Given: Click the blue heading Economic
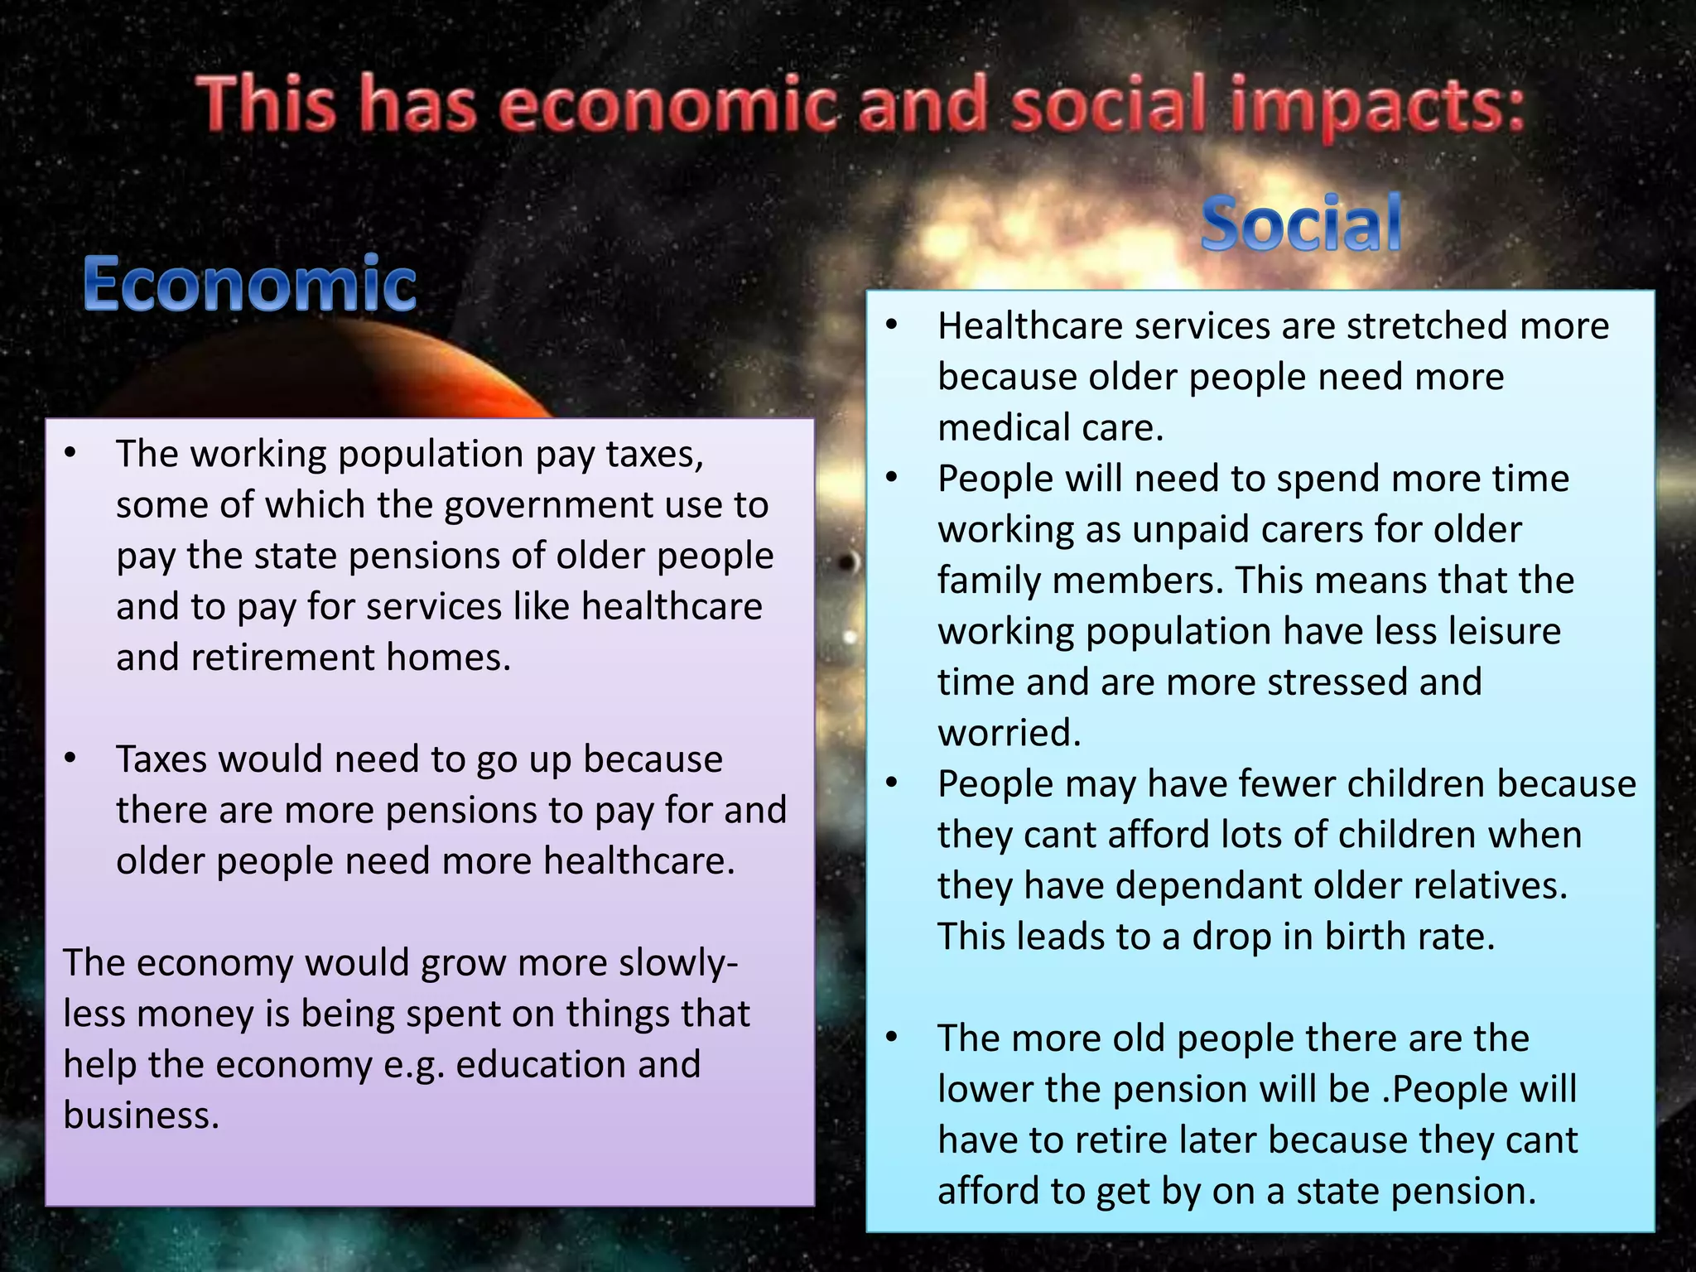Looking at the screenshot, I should pyautogui.click(x=249, y=284).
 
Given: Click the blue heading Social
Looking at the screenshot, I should pyautogui.click(x=1301, y=224).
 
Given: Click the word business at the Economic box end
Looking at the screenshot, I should pyautogui.click(x=141, y=1115).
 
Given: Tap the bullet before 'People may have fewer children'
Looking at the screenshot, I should pyautogui.click(x=891, y=783).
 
